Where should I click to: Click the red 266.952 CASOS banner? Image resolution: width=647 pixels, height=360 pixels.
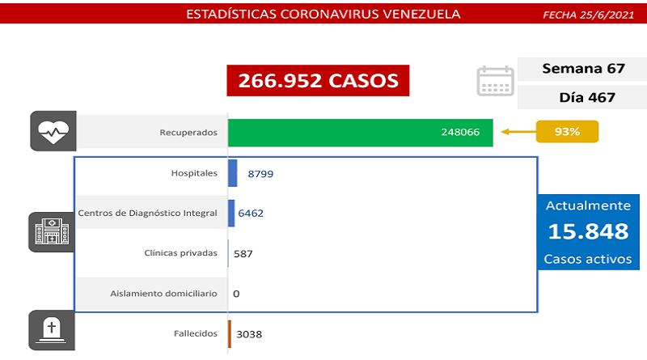tap(318, 81)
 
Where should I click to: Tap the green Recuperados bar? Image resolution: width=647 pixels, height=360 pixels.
tap(360, 132)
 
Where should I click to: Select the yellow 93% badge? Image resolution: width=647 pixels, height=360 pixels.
tap(566, 132)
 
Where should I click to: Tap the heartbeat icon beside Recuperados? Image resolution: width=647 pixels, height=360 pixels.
tap(53, 132)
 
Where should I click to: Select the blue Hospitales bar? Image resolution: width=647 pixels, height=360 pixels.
tap(233, 173)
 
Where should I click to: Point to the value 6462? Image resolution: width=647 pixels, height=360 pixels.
tap(250, 213)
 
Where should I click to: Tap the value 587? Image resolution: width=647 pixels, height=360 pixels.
tap(243, 253)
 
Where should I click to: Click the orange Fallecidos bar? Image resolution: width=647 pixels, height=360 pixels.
tap(230, 333)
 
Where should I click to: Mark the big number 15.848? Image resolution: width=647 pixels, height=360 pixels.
tap(588, 231)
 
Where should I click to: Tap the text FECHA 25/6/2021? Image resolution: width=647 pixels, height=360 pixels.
tap(589, 15)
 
